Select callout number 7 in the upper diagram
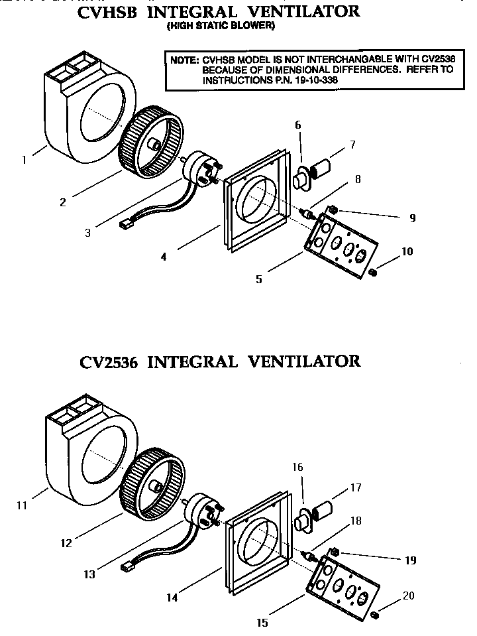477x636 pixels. click(x=352, y=144)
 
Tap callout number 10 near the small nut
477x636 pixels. click(x=407, y=252)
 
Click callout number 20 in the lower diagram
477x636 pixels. click(x=408, y=596)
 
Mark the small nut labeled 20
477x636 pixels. click(x=375, y=614)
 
